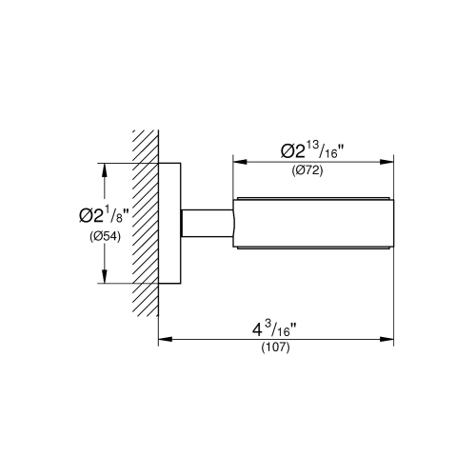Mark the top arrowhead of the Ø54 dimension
[103, 168]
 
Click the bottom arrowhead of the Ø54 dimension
[103, 280]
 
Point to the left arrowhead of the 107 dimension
[163, 337]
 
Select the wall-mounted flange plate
[169, 224]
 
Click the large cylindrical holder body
[314, 224]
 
